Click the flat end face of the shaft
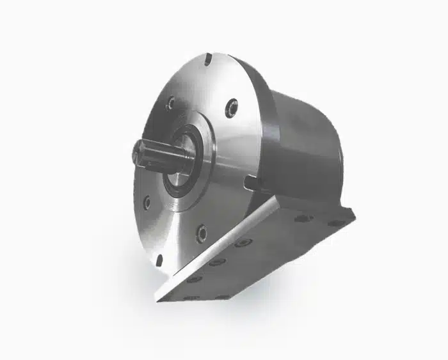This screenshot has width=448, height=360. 138,152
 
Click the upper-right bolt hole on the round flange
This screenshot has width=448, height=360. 231,107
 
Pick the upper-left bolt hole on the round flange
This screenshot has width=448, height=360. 170,102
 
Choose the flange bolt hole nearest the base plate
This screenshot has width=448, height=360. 202,233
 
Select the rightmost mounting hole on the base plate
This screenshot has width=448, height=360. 336,223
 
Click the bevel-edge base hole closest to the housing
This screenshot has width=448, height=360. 243,243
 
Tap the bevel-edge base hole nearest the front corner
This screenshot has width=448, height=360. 192,279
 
